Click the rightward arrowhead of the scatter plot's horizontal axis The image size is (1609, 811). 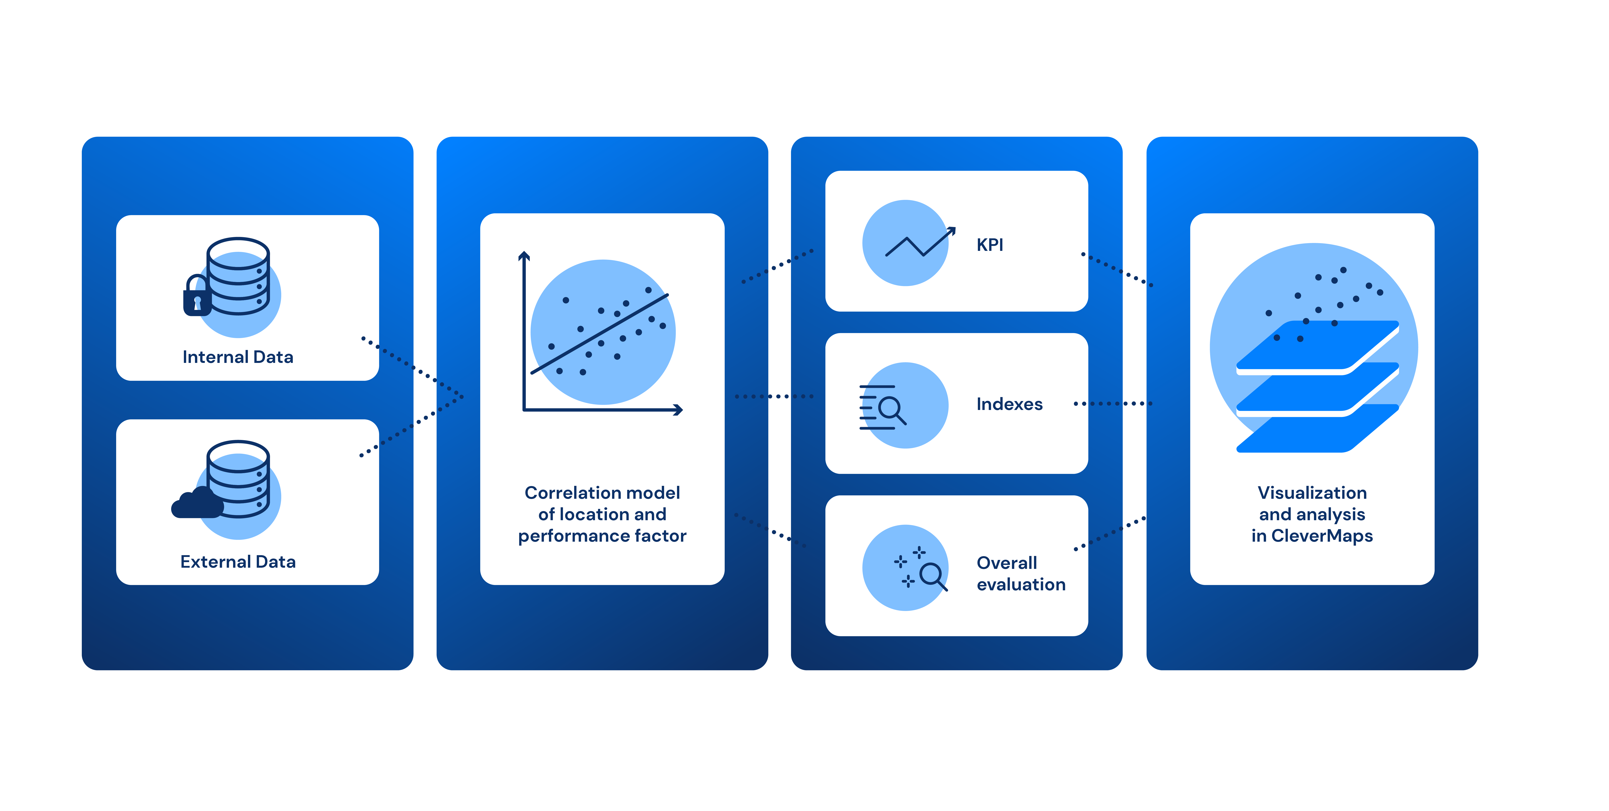679,410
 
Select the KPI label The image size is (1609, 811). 989,245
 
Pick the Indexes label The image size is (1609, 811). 1009,404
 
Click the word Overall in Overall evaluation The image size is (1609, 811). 1006,563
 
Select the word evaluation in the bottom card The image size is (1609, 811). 1021,585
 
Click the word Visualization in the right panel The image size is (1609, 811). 1312,493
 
